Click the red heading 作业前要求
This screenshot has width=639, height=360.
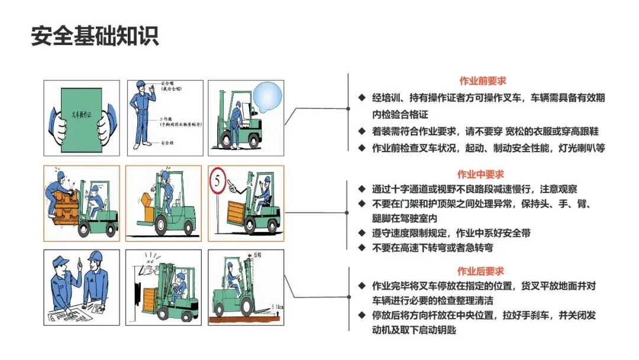483,81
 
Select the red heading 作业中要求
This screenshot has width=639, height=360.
480,174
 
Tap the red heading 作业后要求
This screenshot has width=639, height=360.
481,271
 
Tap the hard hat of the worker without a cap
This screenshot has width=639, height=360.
96,256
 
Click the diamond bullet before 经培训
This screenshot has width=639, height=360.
362,98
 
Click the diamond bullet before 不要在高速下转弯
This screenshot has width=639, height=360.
362,247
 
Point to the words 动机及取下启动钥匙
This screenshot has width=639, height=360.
414,330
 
